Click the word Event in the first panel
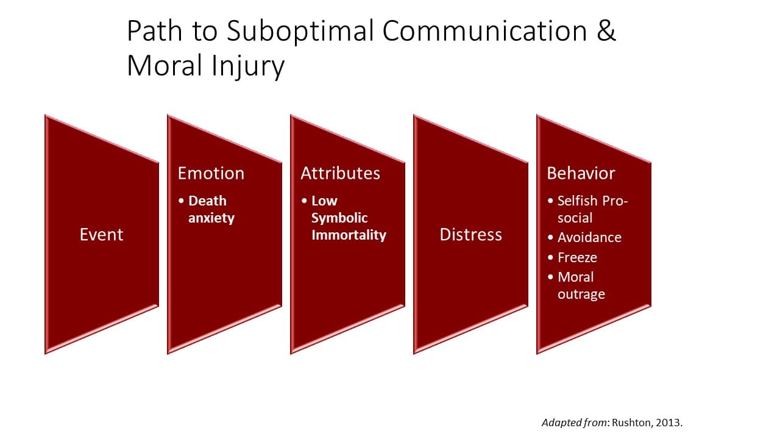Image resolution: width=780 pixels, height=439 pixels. [101, 235]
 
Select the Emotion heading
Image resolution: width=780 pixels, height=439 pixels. [211, 173]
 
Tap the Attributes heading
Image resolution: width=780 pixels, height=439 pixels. [340, 173]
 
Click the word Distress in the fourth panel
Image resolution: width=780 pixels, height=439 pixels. [470, 235]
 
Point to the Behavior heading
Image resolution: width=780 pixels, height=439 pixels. [581, 173]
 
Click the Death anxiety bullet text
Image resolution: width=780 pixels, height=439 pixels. [211, 209]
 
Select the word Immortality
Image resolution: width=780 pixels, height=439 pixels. [349, 235]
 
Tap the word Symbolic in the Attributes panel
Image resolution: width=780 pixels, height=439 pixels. [339, 218]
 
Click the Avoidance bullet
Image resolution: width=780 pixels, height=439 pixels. [589, 237]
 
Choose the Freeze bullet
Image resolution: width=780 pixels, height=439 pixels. [577, 257]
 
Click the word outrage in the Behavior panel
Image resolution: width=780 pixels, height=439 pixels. [581, 294]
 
